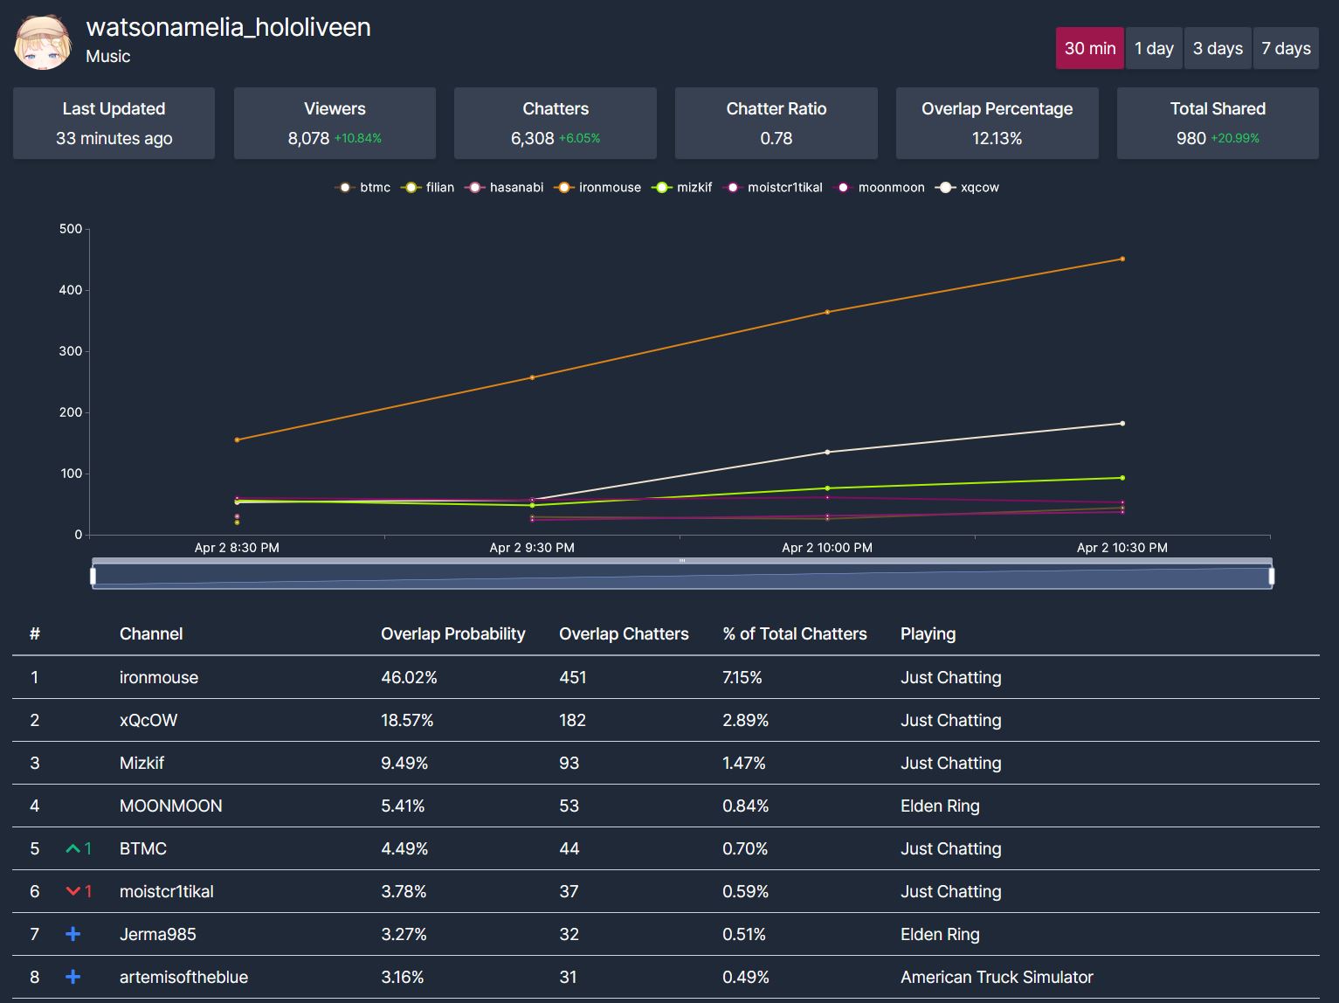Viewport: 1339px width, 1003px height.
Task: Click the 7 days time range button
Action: point(1286,49)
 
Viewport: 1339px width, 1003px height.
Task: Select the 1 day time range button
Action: point(1154,49)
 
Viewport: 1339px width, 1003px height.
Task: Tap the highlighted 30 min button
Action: point(1089,49)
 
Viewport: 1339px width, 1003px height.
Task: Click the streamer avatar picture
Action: point(43,43)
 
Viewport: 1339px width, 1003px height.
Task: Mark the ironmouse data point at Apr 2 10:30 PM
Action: point(1122,259)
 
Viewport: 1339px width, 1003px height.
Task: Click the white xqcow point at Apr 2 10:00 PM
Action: point(827,453)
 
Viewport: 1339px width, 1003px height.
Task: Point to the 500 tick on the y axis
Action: point(71,229)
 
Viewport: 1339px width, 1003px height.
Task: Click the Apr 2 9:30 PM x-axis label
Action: point(532,548)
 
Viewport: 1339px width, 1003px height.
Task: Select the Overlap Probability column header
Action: point(452,634)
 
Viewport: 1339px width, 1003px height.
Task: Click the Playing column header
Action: point(928,634)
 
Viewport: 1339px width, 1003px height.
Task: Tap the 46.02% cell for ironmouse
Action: point(409,678)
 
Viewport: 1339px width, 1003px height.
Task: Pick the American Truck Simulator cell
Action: point(997,978)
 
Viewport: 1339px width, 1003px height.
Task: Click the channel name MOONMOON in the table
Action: point(170,806)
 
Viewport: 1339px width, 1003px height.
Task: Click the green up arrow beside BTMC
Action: point(73,849)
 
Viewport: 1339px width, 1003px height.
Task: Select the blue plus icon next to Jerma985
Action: point(73,935)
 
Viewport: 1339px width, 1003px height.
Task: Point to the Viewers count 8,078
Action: point(308,139)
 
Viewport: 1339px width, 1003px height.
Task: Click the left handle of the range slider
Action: point(93,576)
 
